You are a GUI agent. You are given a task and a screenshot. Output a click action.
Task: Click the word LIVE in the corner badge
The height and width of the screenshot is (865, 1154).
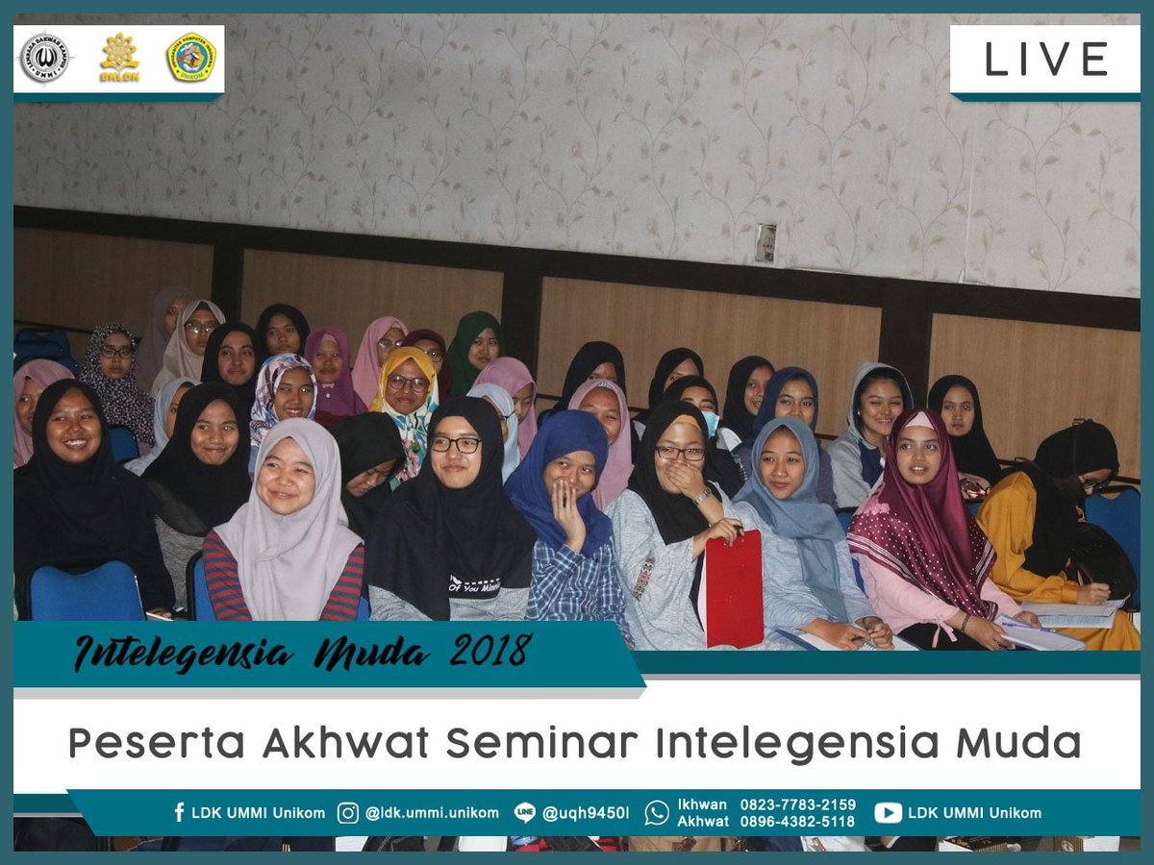[1046, 60]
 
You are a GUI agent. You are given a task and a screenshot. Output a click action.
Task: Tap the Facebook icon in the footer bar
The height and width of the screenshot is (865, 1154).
[179, 812]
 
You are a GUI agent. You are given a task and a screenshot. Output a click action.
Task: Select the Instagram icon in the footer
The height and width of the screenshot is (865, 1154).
[348, 813]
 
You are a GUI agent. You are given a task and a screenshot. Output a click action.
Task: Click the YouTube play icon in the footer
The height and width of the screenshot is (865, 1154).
[888, 813]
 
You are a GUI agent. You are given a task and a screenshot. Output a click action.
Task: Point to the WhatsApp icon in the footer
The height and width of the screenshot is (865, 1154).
[657, 813]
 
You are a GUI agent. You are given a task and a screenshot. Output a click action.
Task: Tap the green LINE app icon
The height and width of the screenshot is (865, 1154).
[524, 813]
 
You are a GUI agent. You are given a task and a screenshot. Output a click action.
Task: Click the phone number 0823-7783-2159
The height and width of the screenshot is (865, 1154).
[797, 804]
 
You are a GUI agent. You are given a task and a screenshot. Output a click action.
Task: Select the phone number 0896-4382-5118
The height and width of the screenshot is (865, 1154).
[797, 822]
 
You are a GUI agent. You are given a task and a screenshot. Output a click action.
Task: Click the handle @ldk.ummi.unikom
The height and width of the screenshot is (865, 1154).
[432, 813]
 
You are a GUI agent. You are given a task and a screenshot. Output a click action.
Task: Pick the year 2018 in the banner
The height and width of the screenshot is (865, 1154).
[490, 651]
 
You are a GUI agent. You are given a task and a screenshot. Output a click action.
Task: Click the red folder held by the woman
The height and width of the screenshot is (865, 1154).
[733, 588]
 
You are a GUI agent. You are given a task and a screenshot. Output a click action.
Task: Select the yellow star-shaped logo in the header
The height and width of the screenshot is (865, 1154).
[119, 58]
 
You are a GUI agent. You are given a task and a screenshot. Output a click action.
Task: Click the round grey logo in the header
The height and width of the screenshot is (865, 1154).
[44, 59]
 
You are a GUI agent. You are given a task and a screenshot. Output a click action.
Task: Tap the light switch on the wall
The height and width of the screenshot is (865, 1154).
[765, 243]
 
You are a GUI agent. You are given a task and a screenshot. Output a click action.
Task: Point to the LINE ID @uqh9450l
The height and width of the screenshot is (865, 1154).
[586, 813]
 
